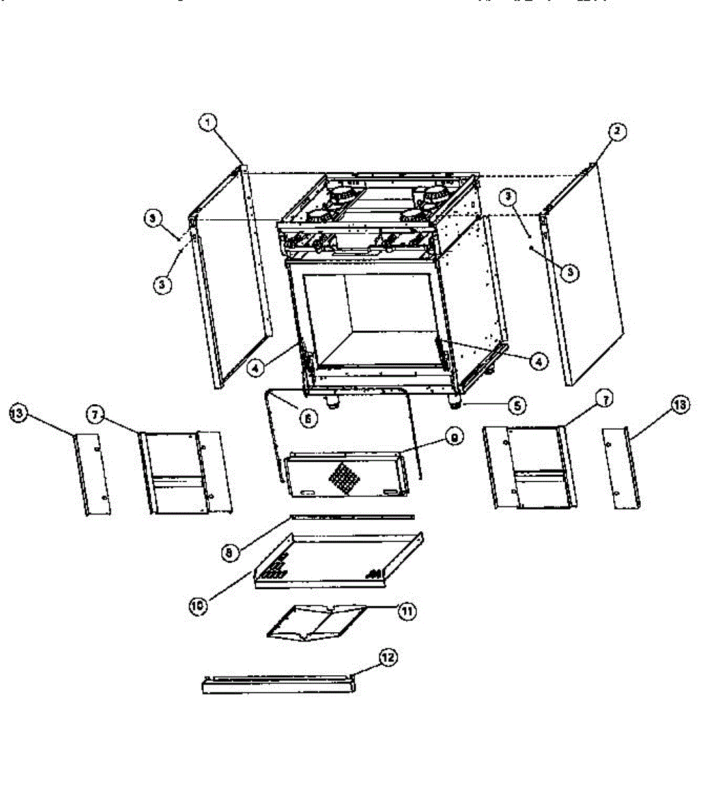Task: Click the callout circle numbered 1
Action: [208, 122]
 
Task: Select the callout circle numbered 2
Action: [617, 131]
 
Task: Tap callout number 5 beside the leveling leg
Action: [517, 406]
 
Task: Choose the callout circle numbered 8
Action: [229, 553]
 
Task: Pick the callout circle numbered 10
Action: [198, 604]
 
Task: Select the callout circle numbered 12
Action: [388, 658]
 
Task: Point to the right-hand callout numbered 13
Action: [680, 405]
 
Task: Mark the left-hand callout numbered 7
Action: [95, 415]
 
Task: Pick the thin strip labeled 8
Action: [352, 517]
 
